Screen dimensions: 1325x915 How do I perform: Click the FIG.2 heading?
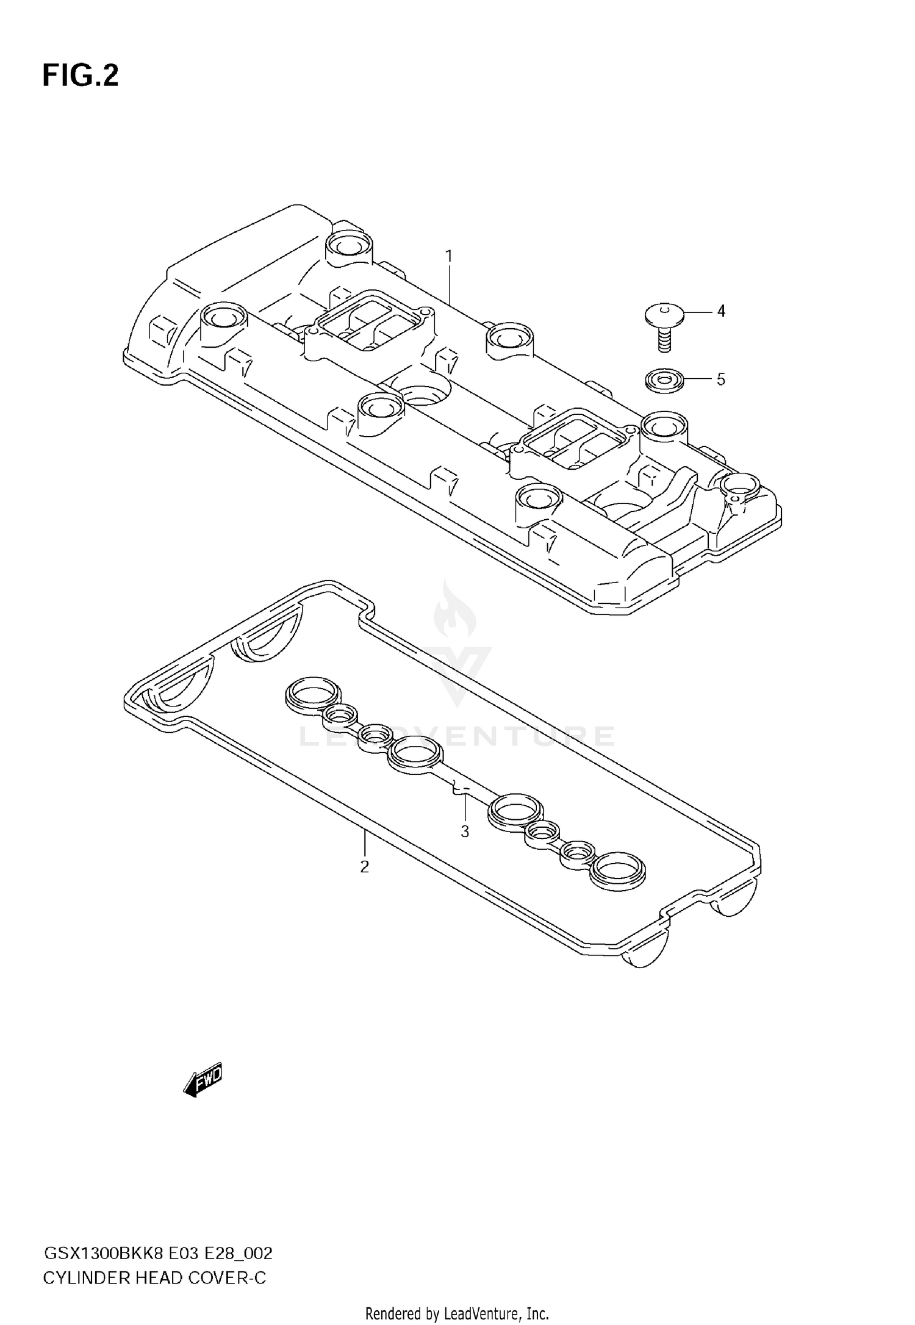[x=80, y=76]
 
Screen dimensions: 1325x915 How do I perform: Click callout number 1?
[x=449, y=256]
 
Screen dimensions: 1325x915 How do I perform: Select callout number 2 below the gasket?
[x=364, y=867]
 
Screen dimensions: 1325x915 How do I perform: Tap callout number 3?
[x=465, y=831]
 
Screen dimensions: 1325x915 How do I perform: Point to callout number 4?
[x=721, y=312]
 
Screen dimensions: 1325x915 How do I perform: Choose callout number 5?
[x=721, y=380]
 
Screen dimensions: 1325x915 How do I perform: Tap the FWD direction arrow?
[x=203, y=1083]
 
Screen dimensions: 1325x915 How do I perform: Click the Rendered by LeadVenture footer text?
[x=457, y=1313]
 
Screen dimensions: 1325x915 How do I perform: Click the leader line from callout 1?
[x=450, y=284]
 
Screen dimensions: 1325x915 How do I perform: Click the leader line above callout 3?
[x=465, y=808]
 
